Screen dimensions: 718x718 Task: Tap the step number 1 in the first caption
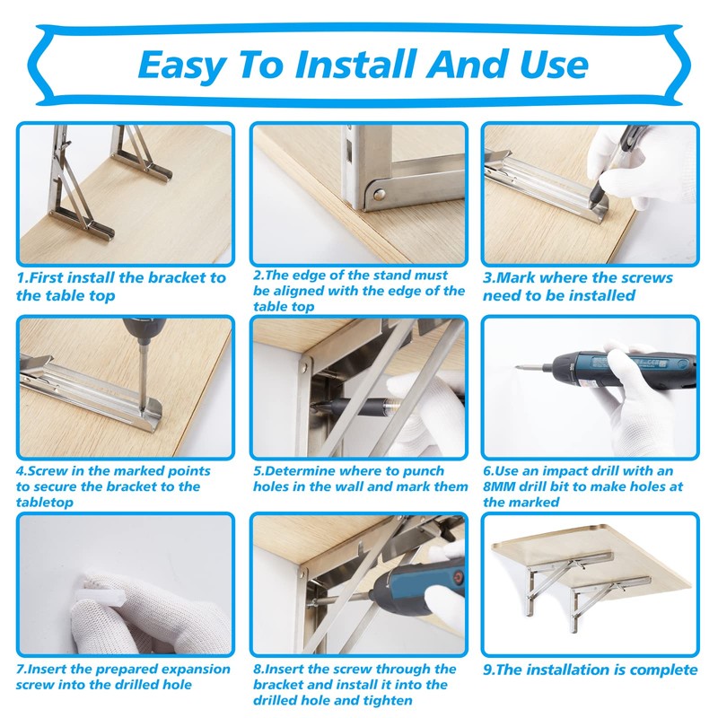pyautogui.click(x=22, y=278)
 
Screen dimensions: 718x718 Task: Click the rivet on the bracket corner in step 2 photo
pyautogui.click(x=377, y=191)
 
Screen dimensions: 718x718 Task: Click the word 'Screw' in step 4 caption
pyautogui.click(x=52, y=470)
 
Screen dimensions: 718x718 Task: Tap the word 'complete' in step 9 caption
pyautogui.click(x=661, y=670)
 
